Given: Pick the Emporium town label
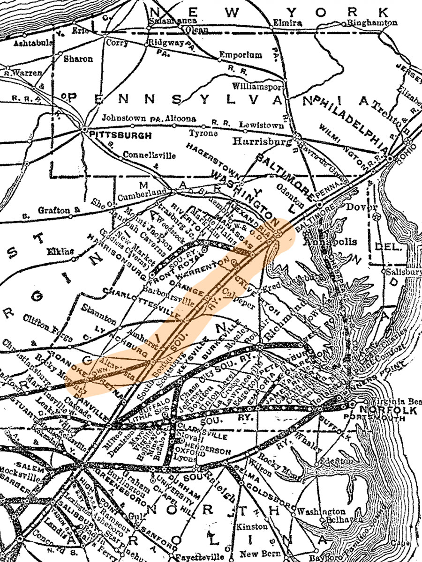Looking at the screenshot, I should point(241,55).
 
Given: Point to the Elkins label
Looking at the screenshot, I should point(60,251).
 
